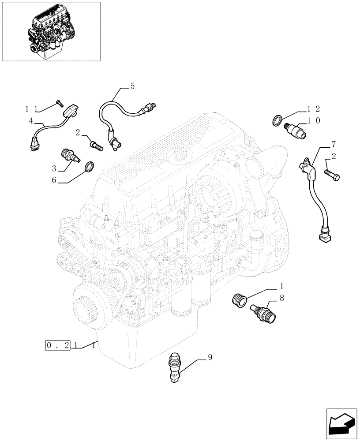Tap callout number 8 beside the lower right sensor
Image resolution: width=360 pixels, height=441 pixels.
click(281, 299)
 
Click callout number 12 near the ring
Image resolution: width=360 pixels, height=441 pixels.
click(314, 108)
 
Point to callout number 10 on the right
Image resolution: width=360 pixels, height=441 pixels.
click(314, 120)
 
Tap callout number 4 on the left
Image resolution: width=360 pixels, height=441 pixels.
click(31, 120)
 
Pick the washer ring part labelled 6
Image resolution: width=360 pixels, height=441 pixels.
click(89, 167)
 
